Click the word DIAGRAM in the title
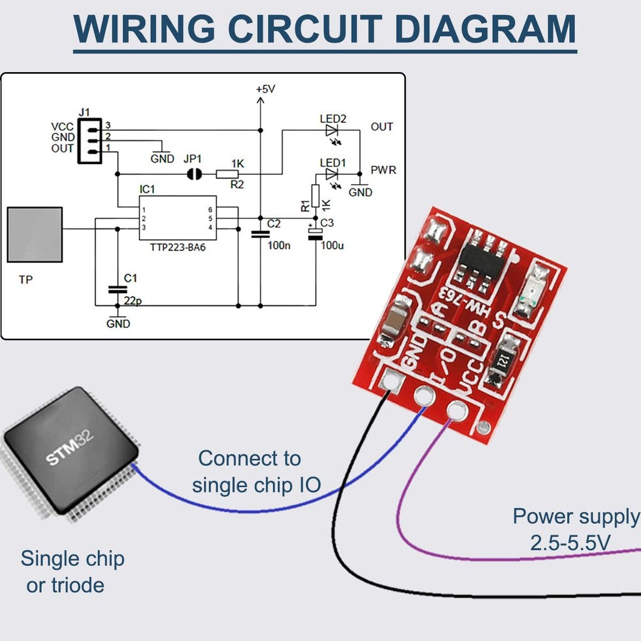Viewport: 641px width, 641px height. (486, 28)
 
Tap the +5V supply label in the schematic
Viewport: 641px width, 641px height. (265, 90)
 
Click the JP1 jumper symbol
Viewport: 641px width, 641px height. (195, 174)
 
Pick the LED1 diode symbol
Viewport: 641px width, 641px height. (332, 173)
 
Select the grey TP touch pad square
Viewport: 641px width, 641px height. (34, 234)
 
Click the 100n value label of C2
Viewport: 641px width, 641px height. (279, 245)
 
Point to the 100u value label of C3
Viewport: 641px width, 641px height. (332, 245)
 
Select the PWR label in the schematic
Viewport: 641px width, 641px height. (383, 170)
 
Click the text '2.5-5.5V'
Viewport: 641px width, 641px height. (570, 543)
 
